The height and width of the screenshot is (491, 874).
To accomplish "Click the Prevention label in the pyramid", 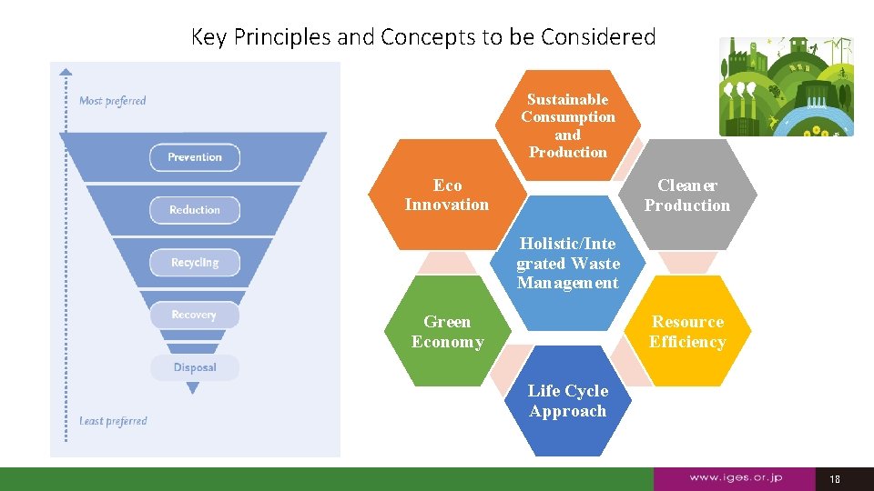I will click(x=195, y=157).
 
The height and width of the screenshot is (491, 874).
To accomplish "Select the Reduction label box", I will click(x=195, y=210).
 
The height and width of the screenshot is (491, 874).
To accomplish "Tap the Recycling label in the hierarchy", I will click(x=195, y=263).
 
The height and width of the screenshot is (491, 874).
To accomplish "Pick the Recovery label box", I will click(x=194, y=315).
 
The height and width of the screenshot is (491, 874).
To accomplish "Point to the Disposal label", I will click(x=195, y=367).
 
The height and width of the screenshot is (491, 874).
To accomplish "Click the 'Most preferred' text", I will click(x=113, y=101).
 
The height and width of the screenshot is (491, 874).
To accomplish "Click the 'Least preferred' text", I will click(x=113, y=421).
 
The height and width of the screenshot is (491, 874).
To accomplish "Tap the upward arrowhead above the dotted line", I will click(x=65, y=70).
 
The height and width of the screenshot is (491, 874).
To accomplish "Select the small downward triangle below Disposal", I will click(x=192, y=388).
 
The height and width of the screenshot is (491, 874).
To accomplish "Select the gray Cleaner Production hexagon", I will click(x=687, y=195).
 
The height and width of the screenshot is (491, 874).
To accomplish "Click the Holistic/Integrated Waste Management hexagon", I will click(x=567, y=264).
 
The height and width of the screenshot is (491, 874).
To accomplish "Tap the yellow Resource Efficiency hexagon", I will click(x=687, y=332).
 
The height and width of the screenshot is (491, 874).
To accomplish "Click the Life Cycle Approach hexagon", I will click(x=567, y=401).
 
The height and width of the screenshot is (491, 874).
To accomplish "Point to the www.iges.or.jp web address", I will click(x=736, y=477).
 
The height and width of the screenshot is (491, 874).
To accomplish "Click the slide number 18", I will click(x=835, y=478).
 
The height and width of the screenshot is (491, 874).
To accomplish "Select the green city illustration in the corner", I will click(x=787, y=86).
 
